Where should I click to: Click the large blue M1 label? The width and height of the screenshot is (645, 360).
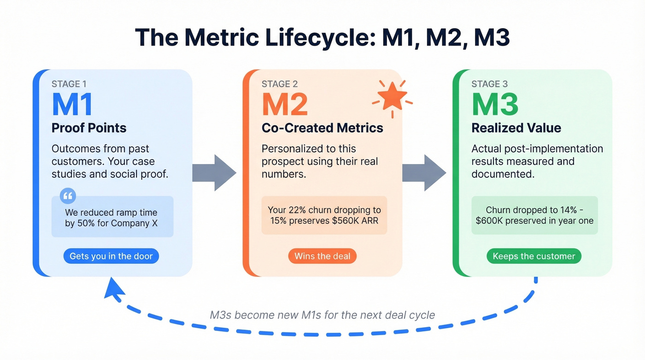72,105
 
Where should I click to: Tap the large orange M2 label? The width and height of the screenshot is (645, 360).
285,105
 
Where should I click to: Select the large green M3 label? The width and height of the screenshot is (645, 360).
495,105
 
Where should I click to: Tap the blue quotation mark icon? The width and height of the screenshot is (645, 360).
68,195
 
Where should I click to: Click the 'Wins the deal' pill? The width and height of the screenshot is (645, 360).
322,256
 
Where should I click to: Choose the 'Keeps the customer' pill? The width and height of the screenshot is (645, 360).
534,256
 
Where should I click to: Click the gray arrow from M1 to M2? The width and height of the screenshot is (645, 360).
214,173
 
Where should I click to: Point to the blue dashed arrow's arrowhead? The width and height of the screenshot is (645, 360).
114,289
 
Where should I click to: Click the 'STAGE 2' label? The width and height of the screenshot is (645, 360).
279,84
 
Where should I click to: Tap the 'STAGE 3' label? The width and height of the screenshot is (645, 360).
489,84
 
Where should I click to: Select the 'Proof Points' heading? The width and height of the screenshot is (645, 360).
89,128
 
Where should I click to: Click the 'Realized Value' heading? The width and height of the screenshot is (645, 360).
516,128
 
